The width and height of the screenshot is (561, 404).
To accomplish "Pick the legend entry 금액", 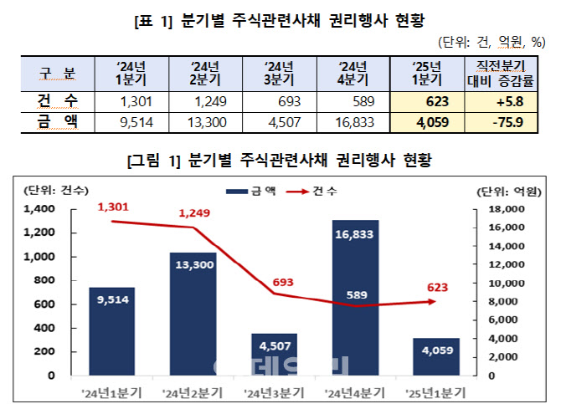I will click(x=253, y=192).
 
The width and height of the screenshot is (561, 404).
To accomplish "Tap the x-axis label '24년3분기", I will click(x=275, y=390).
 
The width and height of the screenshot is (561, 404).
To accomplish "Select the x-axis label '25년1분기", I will click(x=436, y=390).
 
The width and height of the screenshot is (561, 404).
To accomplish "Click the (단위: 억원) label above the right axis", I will click(x=506, y=192).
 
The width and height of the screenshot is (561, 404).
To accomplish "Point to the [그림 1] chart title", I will click(x=280, y=159).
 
